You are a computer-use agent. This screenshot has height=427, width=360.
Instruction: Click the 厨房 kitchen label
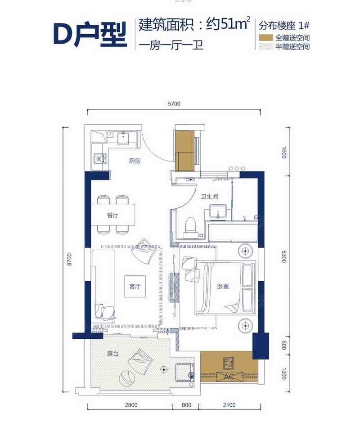click(135, 161)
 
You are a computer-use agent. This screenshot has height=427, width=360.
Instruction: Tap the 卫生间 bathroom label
click(209, 196)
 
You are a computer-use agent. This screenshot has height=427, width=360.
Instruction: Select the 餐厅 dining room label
click(113, 215)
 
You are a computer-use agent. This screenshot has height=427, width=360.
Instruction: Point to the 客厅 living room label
click(135, 287)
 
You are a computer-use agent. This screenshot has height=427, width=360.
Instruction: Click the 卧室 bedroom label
click(223, 287)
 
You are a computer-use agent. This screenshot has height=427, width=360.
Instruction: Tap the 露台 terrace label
click(113, 354)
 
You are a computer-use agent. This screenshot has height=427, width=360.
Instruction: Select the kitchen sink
click(123, 138)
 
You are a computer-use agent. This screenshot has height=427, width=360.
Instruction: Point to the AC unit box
click(229, 377)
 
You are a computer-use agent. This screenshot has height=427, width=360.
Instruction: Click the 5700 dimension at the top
click(174, 104)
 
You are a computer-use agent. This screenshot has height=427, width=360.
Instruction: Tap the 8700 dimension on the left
click(69, 259)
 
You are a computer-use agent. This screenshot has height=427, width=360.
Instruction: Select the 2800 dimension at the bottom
click(131, 405)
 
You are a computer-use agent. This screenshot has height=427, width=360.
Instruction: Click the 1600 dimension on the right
click(284, 153)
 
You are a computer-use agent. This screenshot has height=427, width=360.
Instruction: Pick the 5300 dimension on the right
click(284, 256)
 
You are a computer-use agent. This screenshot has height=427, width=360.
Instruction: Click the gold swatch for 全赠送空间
click(265, 38)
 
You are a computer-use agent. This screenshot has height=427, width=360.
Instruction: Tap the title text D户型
click(90, 34)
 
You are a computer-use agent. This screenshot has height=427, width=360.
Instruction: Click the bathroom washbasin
click(218, 212)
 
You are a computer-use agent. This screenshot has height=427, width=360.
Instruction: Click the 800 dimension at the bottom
click(186, 405)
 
